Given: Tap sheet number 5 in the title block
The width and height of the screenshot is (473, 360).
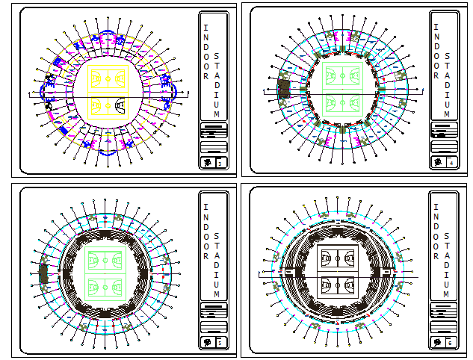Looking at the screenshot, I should [x=218, y=342].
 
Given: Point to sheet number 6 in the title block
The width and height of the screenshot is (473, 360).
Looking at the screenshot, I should [x=449, y=342].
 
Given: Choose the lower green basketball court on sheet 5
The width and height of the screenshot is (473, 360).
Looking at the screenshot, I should [x=105, y=286].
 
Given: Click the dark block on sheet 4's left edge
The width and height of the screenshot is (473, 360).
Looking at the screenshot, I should [x=283, y=88].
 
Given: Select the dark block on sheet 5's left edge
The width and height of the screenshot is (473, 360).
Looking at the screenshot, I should [x=43, y=273].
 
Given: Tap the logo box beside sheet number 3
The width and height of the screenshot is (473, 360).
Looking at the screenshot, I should [x=206, y=162].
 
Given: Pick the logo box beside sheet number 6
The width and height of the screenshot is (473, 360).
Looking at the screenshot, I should [x=437, y=342].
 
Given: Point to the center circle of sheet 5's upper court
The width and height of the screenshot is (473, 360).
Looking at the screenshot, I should [x=105, y=261].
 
